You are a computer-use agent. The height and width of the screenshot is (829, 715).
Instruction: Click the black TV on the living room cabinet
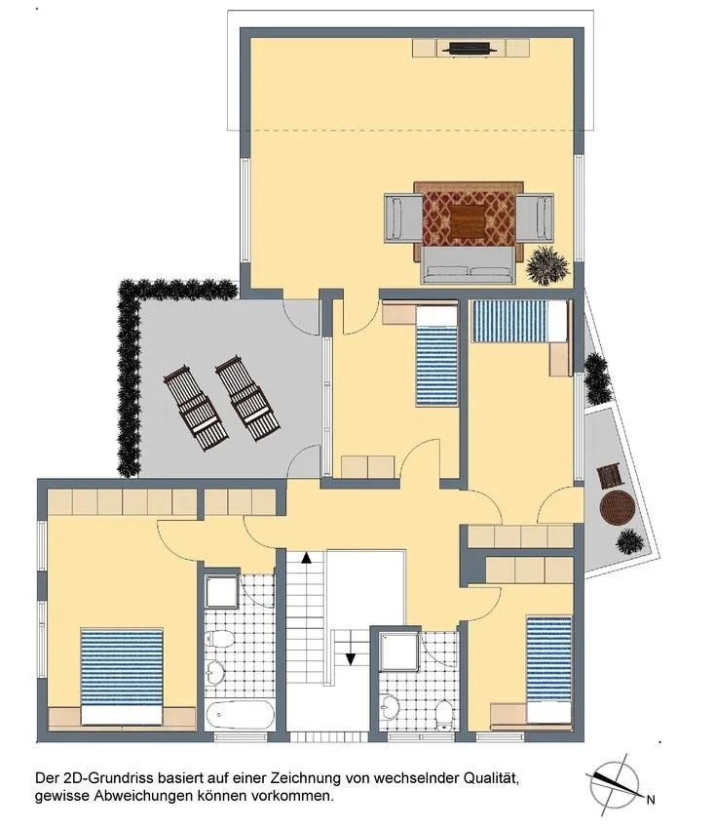click(470, 49)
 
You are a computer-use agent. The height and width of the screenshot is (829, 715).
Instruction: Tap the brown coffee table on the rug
click(468, 221)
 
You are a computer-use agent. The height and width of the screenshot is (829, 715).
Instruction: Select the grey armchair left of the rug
click(403, 218)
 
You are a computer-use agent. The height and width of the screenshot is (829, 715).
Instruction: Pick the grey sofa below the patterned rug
click(468, 265)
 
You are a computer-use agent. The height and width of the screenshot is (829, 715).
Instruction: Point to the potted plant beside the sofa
click(547, 265)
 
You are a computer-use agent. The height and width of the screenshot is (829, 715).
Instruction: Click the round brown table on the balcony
click(617, 508)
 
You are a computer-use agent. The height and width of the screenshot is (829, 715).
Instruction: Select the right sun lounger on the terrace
click(247, 398)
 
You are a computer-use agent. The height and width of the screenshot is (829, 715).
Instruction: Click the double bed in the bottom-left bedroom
click(122, 676)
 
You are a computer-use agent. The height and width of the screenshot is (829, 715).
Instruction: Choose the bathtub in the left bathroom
click(241, 715)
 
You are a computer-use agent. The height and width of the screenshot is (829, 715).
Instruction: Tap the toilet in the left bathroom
click(220, 639)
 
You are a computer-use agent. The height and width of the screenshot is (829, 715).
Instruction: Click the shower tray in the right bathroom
click(399, 651)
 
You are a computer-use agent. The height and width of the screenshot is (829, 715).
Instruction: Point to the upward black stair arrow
click(306, 557)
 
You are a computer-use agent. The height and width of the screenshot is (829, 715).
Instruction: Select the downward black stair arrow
click(350, 658)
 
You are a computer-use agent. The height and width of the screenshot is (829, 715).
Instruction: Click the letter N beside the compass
click(651, 800)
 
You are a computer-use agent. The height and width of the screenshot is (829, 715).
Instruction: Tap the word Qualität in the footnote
click(490, 777)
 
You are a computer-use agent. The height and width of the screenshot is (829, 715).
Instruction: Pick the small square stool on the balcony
click(611, 476)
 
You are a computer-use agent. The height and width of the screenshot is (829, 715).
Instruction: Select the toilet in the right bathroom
click(444, 715)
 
